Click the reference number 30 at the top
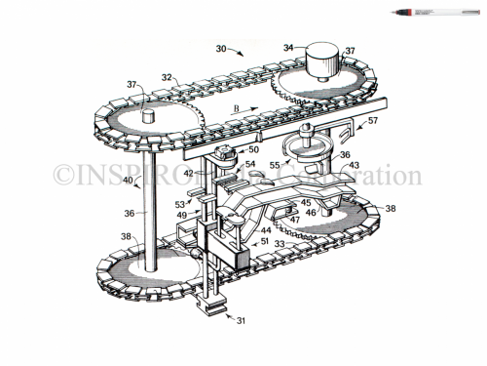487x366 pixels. point(222,47)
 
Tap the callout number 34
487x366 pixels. point(289,46)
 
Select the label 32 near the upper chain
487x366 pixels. point(168,76)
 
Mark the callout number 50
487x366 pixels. point(253,148)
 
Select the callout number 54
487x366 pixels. point(250,165)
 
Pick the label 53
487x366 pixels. point(180,205)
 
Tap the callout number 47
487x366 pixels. point(294,219)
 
